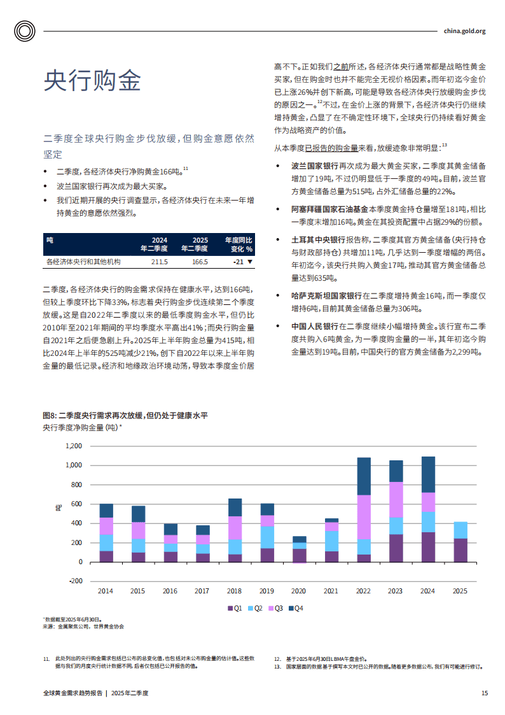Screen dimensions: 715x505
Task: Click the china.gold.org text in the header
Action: (464, 31)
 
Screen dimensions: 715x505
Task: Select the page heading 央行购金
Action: (92, 81)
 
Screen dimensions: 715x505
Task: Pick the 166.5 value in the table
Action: (199, 262)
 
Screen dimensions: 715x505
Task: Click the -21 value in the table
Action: (239, 262)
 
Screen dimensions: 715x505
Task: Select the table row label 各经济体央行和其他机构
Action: (83, 262)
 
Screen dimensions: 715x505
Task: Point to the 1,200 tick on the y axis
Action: (74, 446)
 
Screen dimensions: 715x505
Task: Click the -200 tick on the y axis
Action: (75, 581)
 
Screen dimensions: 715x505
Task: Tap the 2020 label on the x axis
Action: (299, 591)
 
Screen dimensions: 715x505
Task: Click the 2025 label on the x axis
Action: (459, 591)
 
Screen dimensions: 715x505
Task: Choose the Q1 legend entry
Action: (235, 608)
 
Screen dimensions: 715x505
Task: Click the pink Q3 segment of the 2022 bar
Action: (364, 517)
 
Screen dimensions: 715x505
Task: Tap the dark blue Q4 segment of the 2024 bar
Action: (428, 474)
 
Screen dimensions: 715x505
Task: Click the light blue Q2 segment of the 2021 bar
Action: (331, 541)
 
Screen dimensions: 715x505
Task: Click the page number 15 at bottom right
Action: (485, 693)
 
